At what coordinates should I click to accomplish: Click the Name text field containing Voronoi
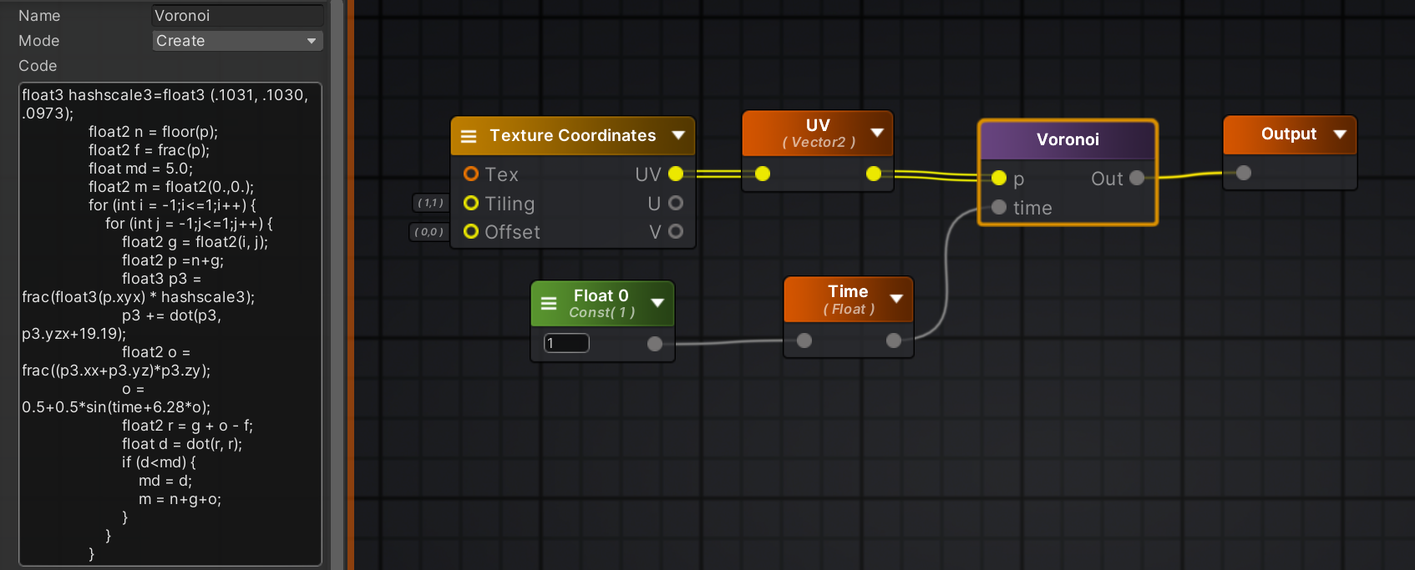coord(237,16)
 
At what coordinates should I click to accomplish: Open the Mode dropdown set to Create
coord(237,41)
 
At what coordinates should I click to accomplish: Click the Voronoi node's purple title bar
coord(1068,139)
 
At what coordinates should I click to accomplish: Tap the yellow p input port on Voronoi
coord(999,179)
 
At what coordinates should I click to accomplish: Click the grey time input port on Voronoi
coord(999,208)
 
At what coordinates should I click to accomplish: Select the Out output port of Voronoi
coord(1137,178)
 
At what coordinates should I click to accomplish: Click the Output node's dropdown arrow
coord(1340,134)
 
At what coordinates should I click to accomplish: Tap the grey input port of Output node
coord(1244,173)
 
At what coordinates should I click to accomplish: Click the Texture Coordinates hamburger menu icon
coord(469,136)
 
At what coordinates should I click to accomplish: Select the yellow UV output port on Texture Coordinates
coord(676,174)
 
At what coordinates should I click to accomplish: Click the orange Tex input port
coord(471,174)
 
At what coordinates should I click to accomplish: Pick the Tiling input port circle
coord(471,203)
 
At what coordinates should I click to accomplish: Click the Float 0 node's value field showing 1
coord(566,343)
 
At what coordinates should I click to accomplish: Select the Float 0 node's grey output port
coord(655,344)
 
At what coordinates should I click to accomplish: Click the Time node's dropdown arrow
coord(896,299)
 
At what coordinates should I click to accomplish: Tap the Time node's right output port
coord(894,340)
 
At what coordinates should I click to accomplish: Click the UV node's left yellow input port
coord(763,174)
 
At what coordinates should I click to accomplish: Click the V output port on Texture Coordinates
coord(676,231)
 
